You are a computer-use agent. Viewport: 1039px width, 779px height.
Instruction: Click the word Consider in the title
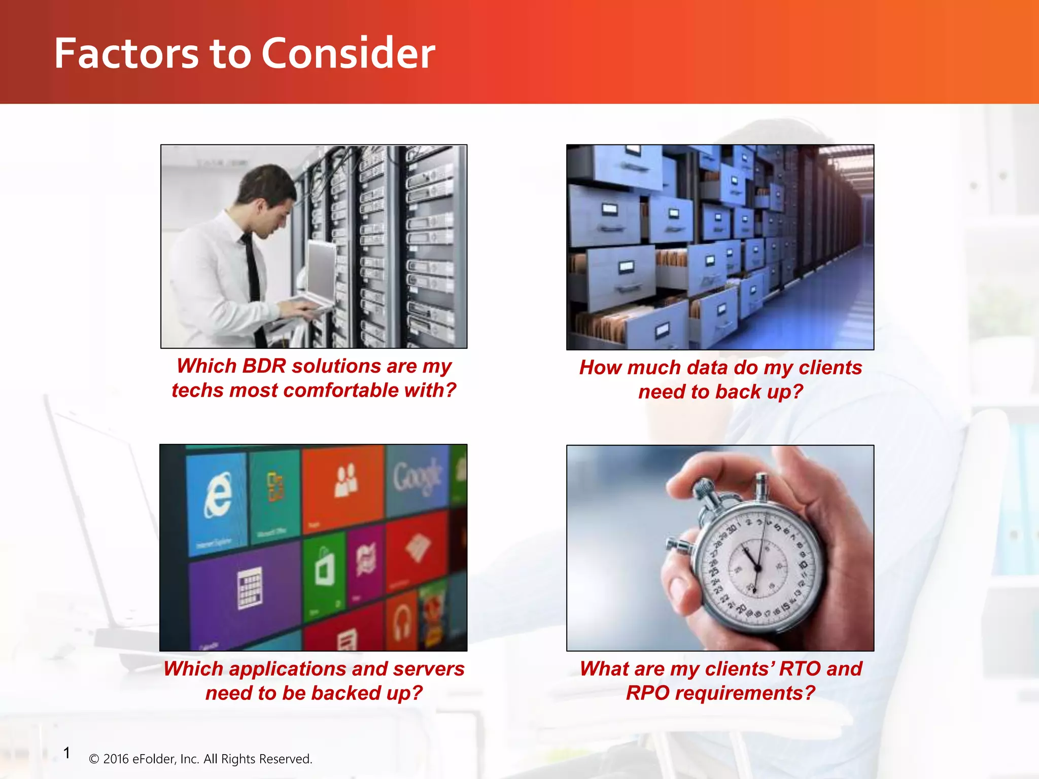coord(348,53)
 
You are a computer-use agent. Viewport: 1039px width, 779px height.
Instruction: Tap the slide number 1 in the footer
coord(66,753)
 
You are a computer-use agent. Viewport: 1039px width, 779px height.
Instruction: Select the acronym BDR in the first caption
coord(264,366)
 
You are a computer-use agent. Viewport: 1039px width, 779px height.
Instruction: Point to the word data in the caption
coord(707,367)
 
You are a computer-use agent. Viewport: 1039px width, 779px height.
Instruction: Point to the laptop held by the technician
coord(320,274)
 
